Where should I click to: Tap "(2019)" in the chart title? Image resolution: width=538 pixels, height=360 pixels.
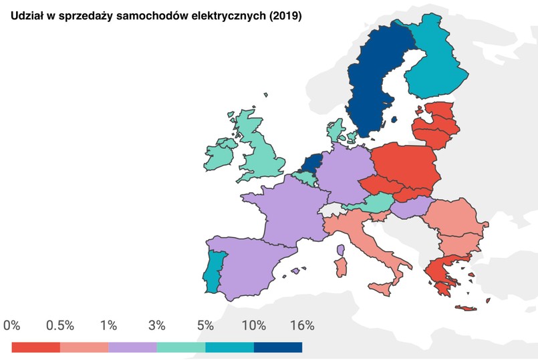285,16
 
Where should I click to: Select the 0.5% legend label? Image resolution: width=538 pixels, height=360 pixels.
60,326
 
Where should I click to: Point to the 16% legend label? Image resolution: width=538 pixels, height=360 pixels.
302,326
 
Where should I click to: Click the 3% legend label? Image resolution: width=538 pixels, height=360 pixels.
156,326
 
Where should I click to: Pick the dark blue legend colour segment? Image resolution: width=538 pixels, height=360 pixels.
278,347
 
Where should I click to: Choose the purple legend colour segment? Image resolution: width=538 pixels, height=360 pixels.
132,347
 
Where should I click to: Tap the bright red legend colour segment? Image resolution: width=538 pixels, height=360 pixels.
36,347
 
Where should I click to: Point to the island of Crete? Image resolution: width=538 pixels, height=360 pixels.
468,309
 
